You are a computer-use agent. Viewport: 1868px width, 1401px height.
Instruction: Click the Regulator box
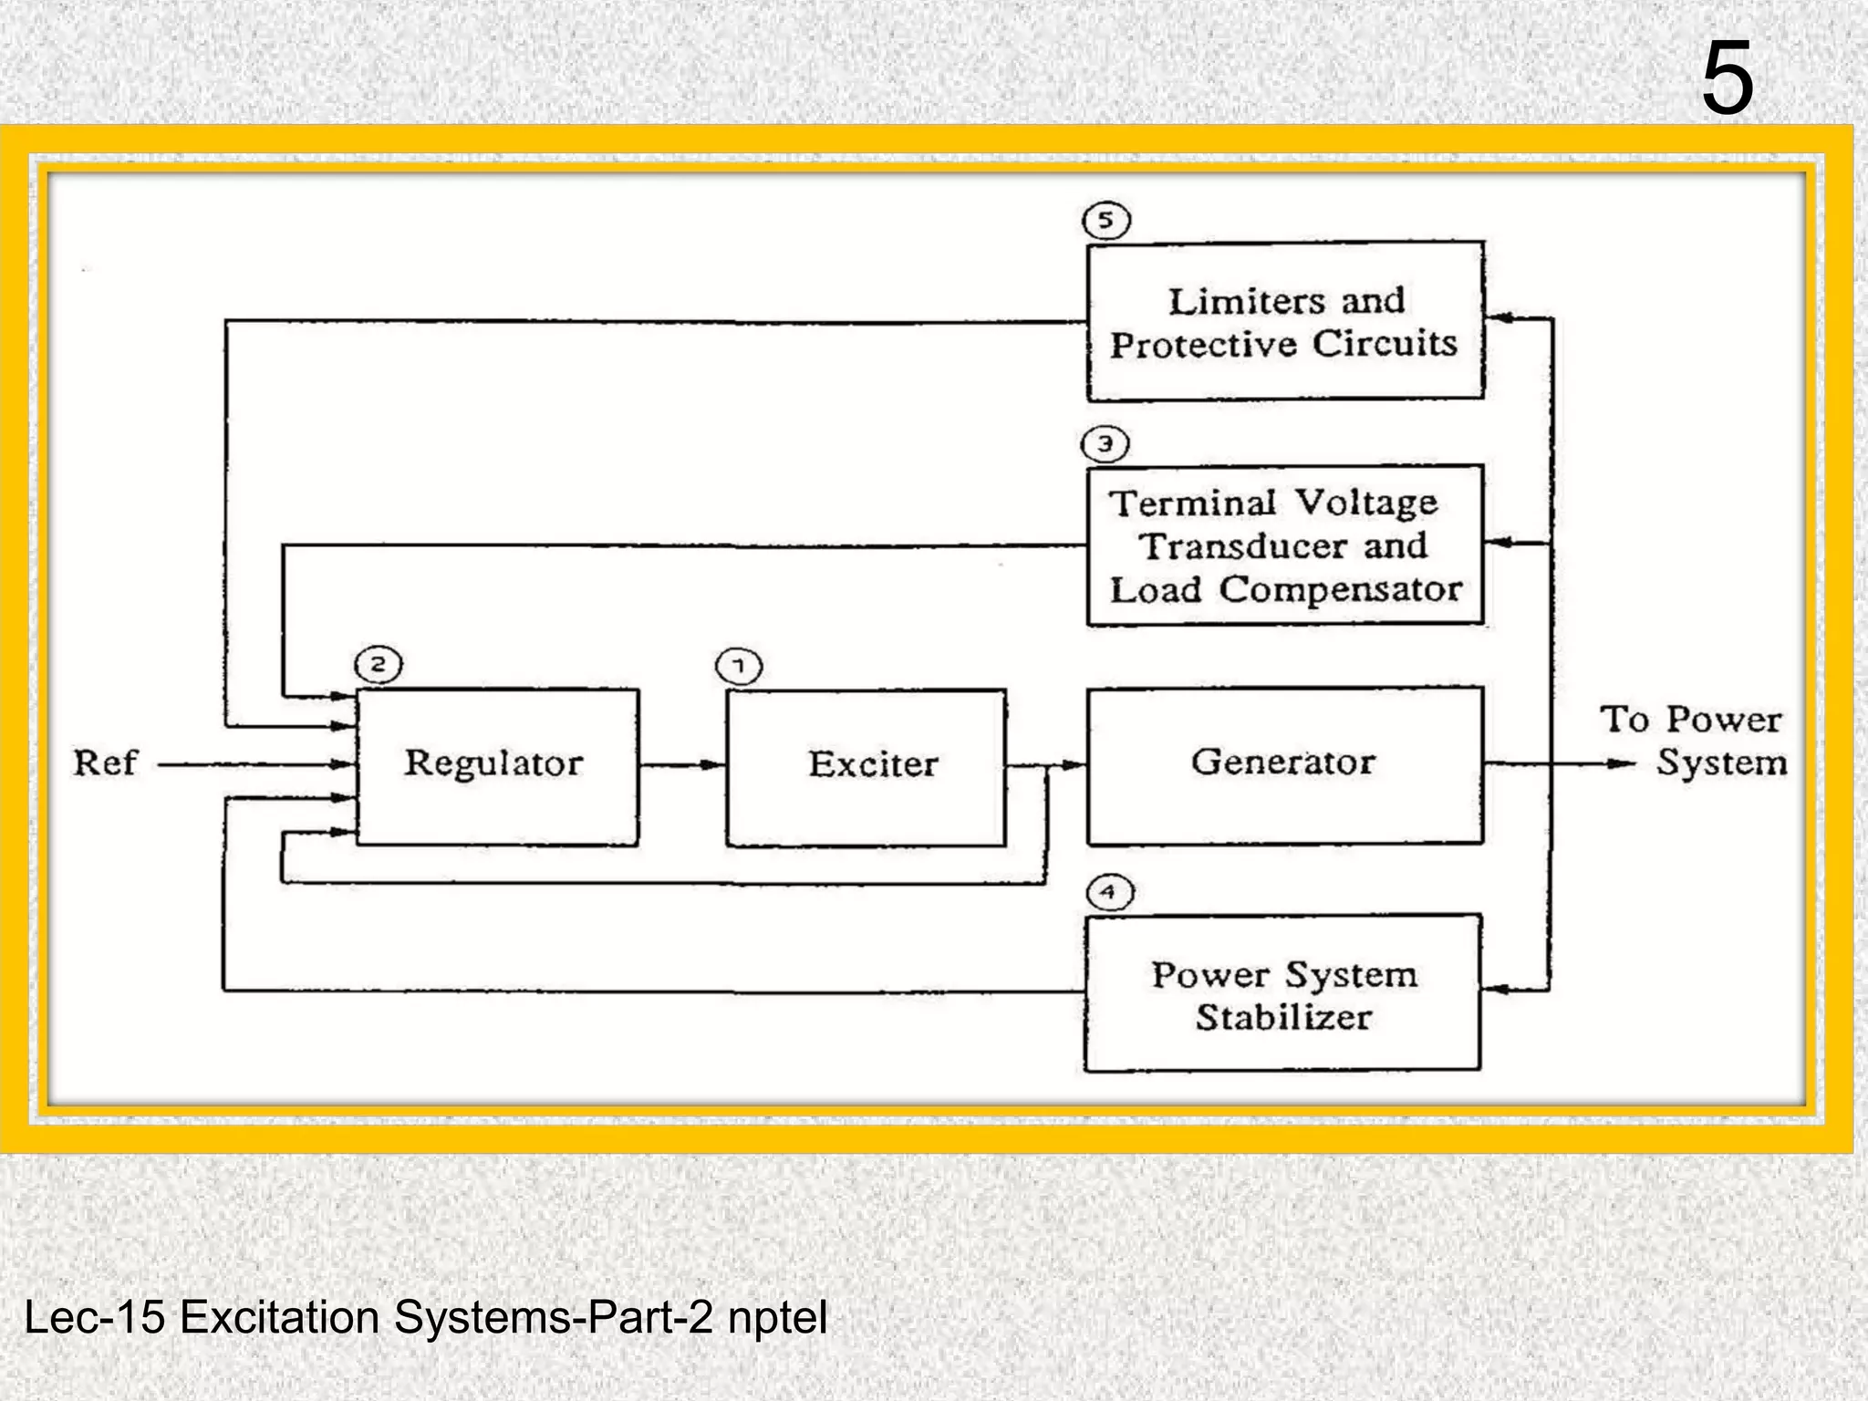497,766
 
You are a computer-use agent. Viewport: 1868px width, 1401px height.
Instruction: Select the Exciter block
867,767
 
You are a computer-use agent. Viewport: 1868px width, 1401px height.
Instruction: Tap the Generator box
1284,764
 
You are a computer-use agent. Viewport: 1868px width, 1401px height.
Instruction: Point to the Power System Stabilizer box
1282,993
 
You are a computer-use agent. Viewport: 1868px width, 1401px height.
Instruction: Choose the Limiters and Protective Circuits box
1285,321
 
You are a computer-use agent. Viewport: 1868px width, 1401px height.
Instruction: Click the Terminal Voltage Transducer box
1285,545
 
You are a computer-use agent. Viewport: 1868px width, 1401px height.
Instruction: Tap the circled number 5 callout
1105,221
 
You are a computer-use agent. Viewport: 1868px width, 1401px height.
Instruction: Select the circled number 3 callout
1105,445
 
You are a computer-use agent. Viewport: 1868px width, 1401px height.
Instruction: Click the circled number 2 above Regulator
378,665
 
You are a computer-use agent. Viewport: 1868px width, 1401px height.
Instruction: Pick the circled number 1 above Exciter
739,667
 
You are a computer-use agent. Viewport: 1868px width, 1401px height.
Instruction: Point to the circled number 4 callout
1109,892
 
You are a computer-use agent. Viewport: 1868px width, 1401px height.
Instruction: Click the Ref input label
105,763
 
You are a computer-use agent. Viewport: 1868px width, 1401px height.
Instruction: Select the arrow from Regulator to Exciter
682,765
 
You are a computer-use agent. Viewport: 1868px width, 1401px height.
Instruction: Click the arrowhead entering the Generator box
1074,765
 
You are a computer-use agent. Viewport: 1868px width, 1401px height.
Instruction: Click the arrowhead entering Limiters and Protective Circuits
1499,318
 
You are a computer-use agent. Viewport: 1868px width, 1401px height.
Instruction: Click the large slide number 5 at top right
1727,80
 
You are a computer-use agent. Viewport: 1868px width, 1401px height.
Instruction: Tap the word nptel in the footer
777,1317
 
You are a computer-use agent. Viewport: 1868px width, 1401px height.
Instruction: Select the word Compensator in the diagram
1340,590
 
